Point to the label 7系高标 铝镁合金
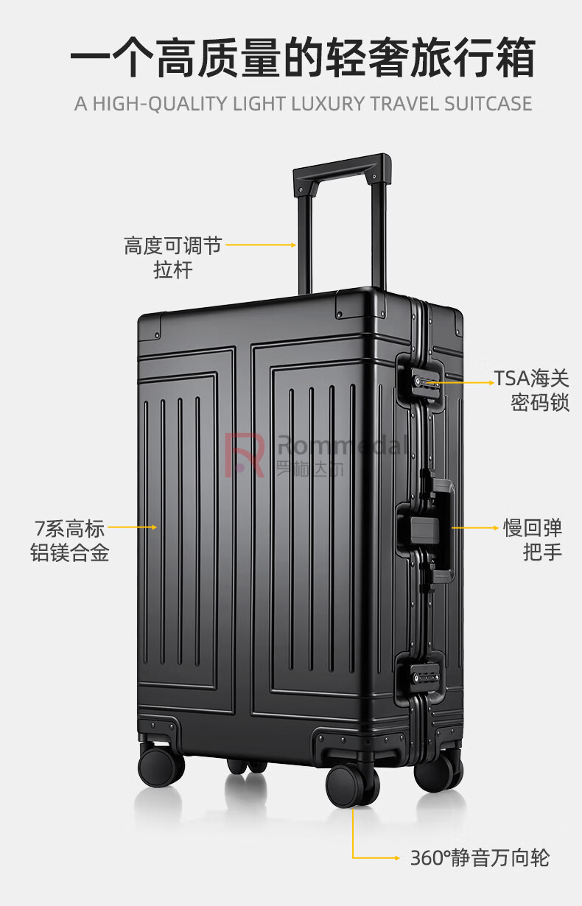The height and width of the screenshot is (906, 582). click(70, 541)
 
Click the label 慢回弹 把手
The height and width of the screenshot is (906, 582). click(533, 540)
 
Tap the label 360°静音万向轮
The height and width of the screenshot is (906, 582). click(480, 858)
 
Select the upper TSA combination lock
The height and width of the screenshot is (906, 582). click(423, 380)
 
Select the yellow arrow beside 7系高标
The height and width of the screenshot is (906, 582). click(133, 527)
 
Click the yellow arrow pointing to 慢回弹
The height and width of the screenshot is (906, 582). click(475, 527)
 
